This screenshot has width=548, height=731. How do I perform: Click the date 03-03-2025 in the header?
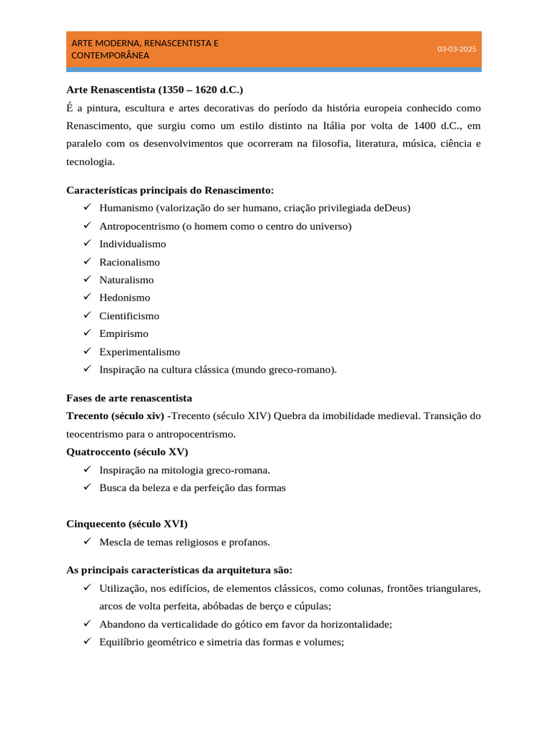tap(456, 49)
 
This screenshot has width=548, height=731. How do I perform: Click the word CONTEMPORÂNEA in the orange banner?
tap(111, 55)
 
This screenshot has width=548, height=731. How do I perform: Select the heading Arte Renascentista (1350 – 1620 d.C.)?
tap(154, 90)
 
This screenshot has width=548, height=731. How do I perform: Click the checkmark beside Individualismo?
tap(86, 243)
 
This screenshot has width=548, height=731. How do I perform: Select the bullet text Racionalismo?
tap(129, 262)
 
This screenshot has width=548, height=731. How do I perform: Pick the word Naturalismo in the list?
tap(126, 280)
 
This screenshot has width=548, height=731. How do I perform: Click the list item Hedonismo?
tap(125, 298)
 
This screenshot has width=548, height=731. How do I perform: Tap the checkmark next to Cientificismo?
tap(86, 316)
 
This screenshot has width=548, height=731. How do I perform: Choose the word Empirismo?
tap(124, 333)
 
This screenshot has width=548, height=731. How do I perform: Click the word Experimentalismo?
tap(140, 352)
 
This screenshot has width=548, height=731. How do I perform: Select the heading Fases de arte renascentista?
tap(129, 398)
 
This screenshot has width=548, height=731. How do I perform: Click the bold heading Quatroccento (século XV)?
tap(127, 451)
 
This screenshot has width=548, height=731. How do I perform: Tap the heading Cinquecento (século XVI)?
tap(127, 523)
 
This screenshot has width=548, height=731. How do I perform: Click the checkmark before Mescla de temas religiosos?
tap(86, 542)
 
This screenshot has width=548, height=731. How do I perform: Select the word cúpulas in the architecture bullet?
tap(311, 606)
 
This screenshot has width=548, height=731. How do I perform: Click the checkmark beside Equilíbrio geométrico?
tap(86, 642)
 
